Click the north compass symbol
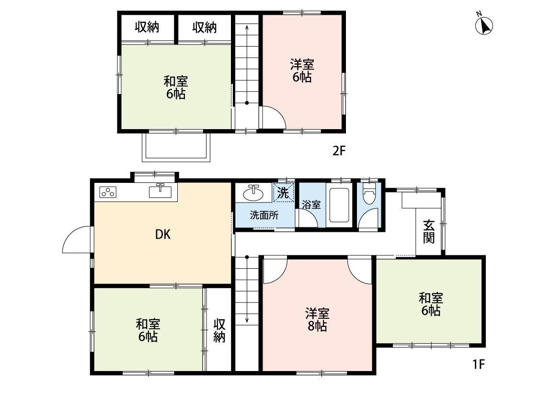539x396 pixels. coord(484,25)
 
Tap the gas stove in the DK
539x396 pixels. coord(108,192)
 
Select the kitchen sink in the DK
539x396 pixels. coord(160,191)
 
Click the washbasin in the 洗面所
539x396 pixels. coord(252,193)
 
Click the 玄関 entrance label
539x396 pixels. coord(429,231)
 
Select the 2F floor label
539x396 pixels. coord(339,151)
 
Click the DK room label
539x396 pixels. coord(163,235)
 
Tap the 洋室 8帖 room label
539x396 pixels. coord(317,320)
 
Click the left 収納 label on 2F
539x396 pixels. coord(147,27)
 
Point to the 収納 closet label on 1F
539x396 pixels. coord(219,331)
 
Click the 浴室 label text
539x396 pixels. coord(311,204)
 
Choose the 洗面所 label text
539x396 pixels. coord(264,215)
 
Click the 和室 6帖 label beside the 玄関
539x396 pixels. coord(431,304)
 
